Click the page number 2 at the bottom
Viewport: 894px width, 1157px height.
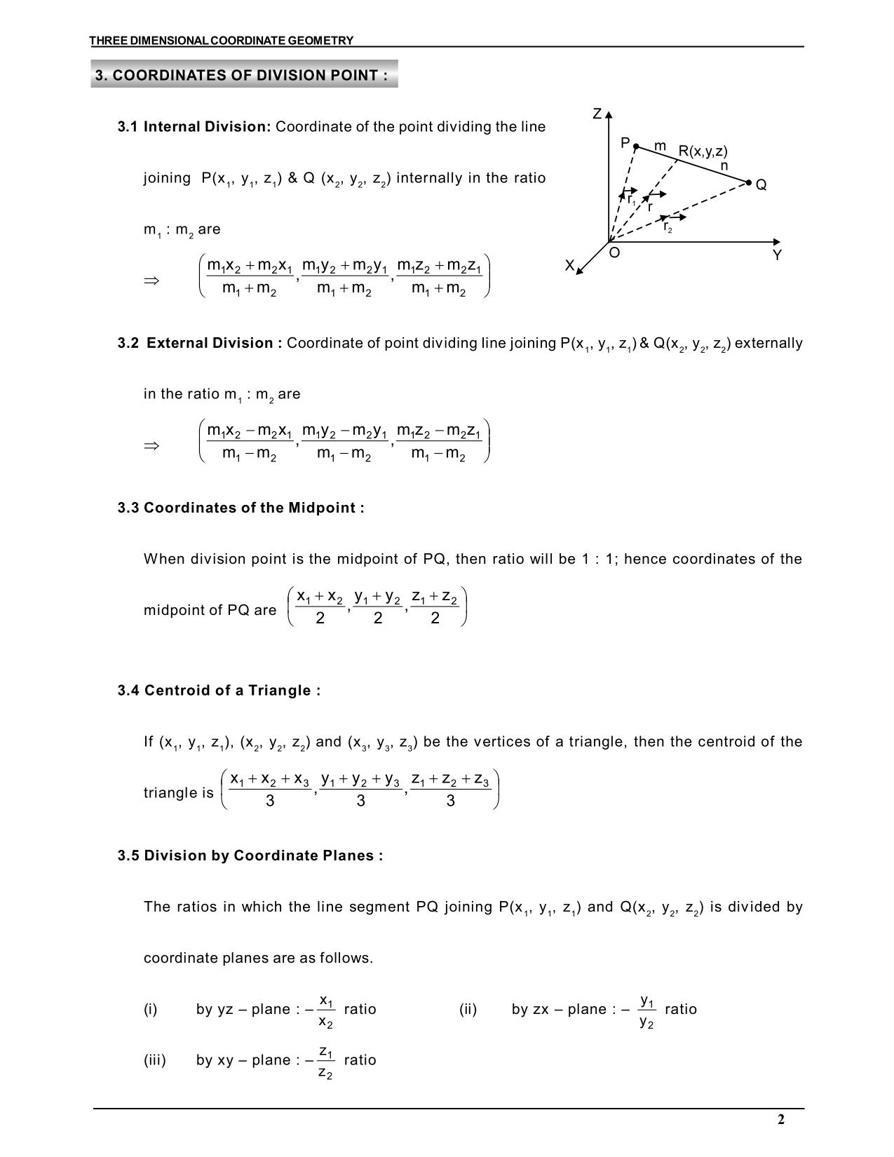click(x=781, y=1119)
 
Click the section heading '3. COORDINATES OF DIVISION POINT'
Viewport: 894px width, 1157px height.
click(x=242, y=75)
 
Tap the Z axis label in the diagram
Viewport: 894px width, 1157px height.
click(x=597, y=114)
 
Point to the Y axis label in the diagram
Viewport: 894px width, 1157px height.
click(x=777, y=256)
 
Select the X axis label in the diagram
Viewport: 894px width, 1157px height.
click(x=570, y=265)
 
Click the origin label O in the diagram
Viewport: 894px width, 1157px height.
click(x=614, y=253)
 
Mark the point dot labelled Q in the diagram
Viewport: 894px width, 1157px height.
click(x=749, y=183)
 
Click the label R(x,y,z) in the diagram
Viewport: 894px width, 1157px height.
click(x=703, y=151)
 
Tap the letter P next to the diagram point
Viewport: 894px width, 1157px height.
click(x=625, y=143)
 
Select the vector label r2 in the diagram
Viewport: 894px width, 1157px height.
click(x=668, y=227)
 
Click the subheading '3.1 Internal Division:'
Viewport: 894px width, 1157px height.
click(x=194, y=127)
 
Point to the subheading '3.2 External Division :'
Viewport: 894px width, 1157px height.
click(x=201, y=343)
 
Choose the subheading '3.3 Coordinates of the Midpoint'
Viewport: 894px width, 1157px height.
click(x=241, y=508)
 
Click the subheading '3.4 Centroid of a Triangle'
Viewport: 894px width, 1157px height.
click(x=219, y=691)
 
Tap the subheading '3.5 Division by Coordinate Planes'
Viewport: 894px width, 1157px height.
click(x=250, y=855)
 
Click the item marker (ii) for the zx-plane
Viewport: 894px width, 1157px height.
click(x=468, y=1009)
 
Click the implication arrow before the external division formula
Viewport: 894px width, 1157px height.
click(x=151, y=446)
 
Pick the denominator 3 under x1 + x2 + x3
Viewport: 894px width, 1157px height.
click(x=270, y=801)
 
